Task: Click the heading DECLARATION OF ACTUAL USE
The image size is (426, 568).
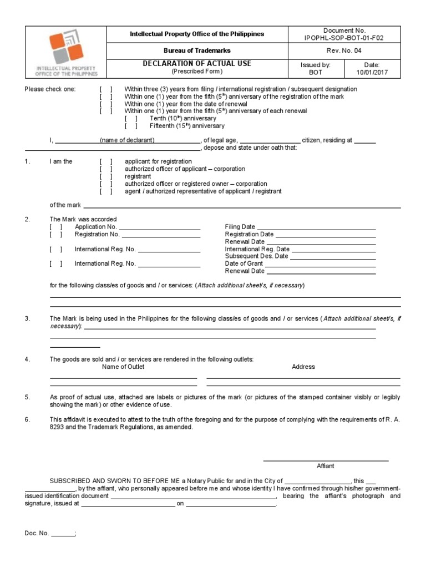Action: tap(197, 64)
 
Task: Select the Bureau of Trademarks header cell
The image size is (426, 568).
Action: tap(197, 50)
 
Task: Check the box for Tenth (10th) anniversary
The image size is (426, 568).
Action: tap(131, 119)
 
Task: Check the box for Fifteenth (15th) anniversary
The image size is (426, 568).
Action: tap(131, 126)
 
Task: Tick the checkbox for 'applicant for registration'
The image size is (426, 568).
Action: tap(106, 161)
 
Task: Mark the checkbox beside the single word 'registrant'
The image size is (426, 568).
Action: tap(106, 176)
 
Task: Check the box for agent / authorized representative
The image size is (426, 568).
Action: tap(106, 191)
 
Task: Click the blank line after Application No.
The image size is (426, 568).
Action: tap(160, 227)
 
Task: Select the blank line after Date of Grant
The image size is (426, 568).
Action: tap(321, 264)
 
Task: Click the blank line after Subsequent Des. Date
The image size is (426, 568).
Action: tap(333, 257)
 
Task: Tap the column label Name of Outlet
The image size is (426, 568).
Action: tap(123, 367)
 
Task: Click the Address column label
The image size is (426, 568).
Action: tap(303, 367)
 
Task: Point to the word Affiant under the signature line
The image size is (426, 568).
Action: tap(325, 466)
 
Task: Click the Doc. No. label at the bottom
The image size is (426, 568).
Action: tap(37, 533)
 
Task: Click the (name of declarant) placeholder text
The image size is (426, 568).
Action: tap(127, 140)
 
